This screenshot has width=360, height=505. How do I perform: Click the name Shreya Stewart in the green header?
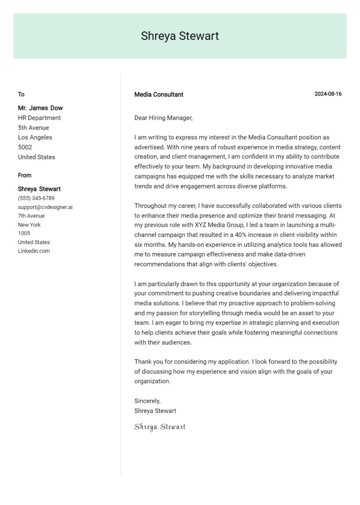180,36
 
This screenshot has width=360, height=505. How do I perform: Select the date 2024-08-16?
328,94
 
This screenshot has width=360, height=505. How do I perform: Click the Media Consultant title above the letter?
158,94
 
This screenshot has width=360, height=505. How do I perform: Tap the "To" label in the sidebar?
21,94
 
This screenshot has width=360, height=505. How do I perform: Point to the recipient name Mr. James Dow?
40,108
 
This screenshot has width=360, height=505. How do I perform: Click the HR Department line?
39,118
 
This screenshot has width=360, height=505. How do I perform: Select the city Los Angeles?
35,137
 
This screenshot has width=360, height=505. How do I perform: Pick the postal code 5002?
25,147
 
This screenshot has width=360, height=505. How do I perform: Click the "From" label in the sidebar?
25,175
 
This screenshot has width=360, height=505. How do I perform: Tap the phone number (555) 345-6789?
36,198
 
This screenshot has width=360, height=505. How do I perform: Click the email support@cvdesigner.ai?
45,207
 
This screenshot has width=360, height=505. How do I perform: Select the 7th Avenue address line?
31,216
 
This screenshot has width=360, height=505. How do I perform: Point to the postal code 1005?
24,233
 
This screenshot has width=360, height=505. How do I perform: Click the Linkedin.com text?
34,251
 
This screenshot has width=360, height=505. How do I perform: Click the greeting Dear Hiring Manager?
163,118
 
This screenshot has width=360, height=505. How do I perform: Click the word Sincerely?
147,401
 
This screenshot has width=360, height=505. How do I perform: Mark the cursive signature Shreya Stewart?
160,427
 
